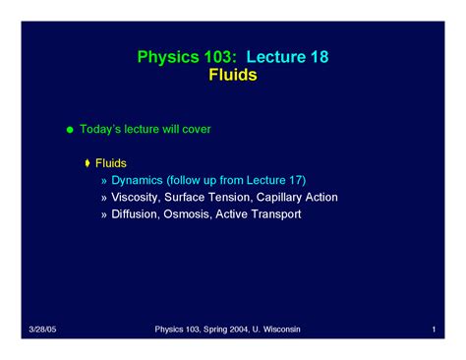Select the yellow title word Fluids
point(233,75)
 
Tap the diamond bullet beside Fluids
point(87,162)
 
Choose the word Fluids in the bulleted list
point(110,162)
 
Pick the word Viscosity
point(138,197)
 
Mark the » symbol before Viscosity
point(104,198)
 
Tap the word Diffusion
point(138,213)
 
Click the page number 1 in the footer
point(434,329)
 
